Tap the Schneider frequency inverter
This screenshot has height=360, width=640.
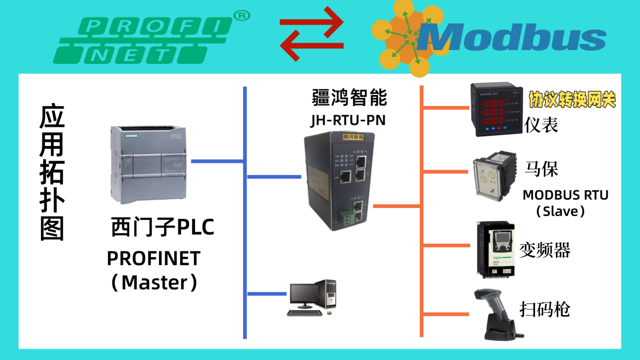pos(497,250)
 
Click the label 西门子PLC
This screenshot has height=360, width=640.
pos(163,227)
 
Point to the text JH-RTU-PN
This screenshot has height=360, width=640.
pos(346,121)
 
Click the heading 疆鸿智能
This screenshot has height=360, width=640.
pos(349,97)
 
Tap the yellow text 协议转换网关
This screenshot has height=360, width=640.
pos(572,99)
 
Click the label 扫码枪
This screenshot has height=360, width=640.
pos(545,309)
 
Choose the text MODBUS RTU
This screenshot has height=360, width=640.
pos(565,195)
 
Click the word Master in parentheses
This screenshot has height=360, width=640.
pos(154,282)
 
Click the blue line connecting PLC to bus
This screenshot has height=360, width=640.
pos(217,161)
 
